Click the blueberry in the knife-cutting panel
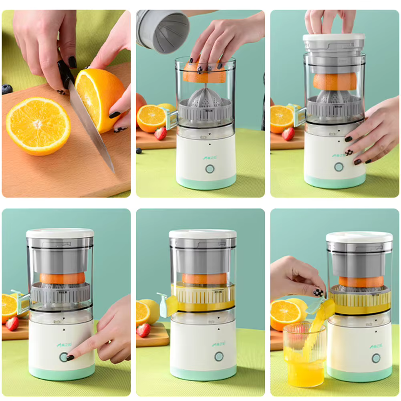click(7, 89)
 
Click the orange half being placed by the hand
click(204, 74)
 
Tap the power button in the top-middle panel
click(210, 169)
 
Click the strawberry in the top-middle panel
click(161, 133)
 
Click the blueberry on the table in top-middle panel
click(139, 151)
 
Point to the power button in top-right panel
click(339, 167)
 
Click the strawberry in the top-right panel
click(288, 134)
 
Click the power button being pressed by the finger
click(64, 357)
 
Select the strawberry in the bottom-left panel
click(12, 323)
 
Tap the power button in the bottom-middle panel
click(219, 356)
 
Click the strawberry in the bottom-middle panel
click(143, 330)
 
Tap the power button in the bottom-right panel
click(376, 358)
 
